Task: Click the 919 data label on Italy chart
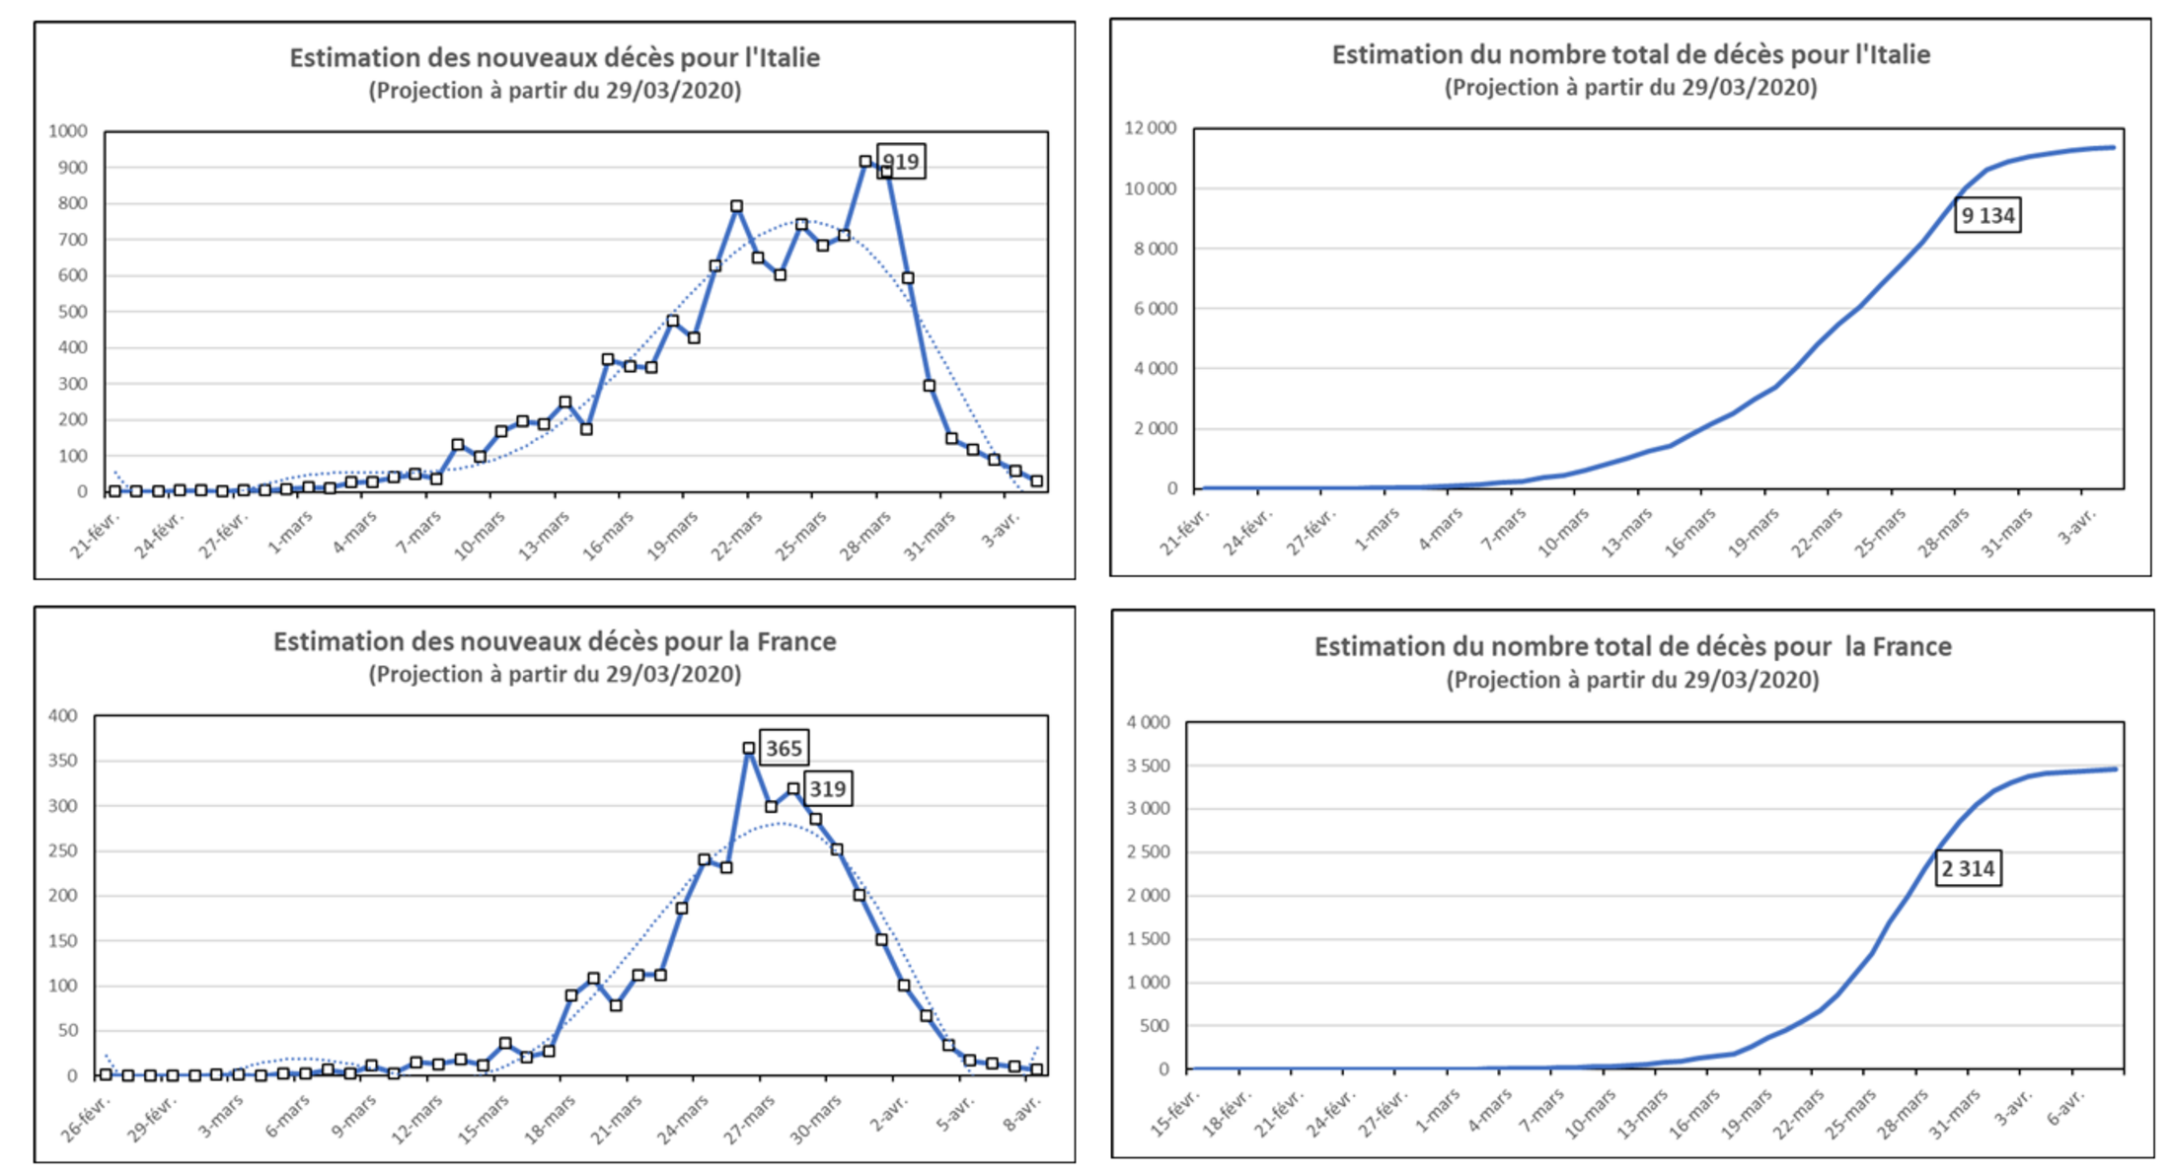coord(901,162)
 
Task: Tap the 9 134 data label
coord(1987,215)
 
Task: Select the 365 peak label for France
coord(785,748)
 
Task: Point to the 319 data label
coord(827,788)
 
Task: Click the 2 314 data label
coord(1968,869)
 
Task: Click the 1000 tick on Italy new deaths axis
coord(68,131)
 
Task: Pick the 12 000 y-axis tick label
coord(1151,128)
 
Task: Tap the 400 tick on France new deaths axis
coord(63,715)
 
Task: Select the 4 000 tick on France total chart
coord(1149,722)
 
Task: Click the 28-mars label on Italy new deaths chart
coord(866,536)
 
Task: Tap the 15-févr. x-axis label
coord(1176,1114)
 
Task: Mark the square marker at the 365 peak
coord(749,749)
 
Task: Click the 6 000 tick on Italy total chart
coord(1155,309)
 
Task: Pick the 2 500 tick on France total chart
coord(1149,851)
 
